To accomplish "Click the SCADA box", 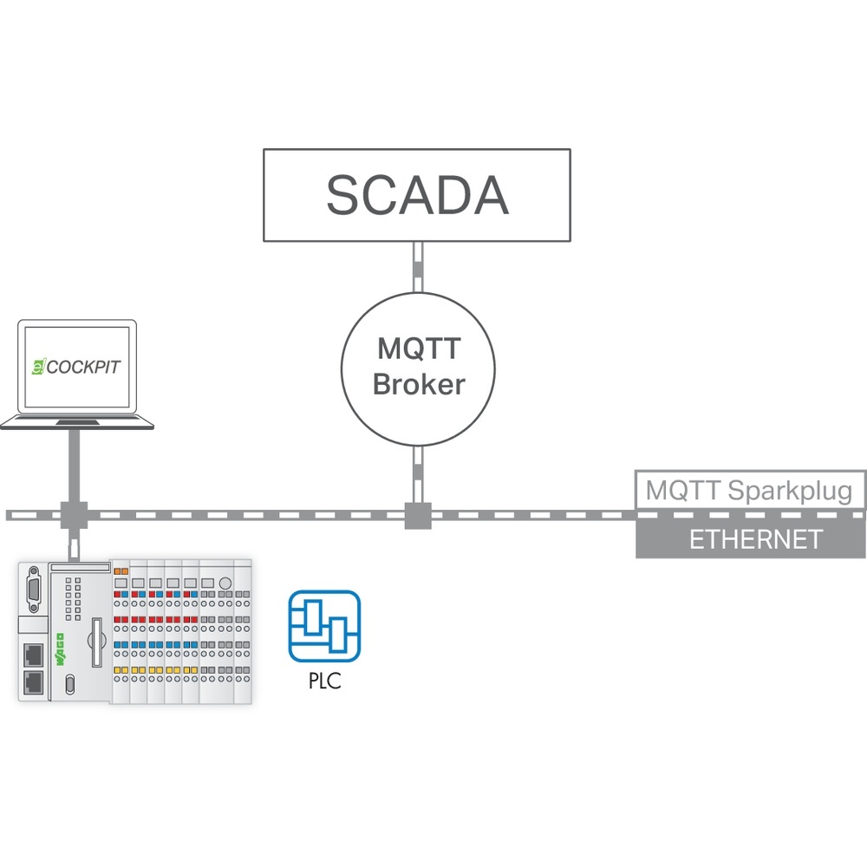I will click(417, 195).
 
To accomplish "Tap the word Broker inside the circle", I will click(419, 384).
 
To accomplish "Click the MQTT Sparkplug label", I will click(751, 491).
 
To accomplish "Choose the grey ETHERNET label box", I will click(751, 539).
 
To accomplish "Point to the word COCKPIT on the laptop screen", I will click(83, 367).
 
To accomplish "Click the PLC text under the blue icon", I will click(324, 681).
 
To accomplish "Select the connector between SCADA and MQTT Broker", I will click(417, 270).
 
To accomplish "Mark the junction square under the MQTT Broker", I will click(417, 514).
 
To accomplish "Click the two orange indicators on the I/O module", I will click(121, 571).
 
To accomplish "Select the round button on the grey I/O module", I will click(225, 583).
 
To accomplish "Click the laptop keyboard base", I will click(77, 422).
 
